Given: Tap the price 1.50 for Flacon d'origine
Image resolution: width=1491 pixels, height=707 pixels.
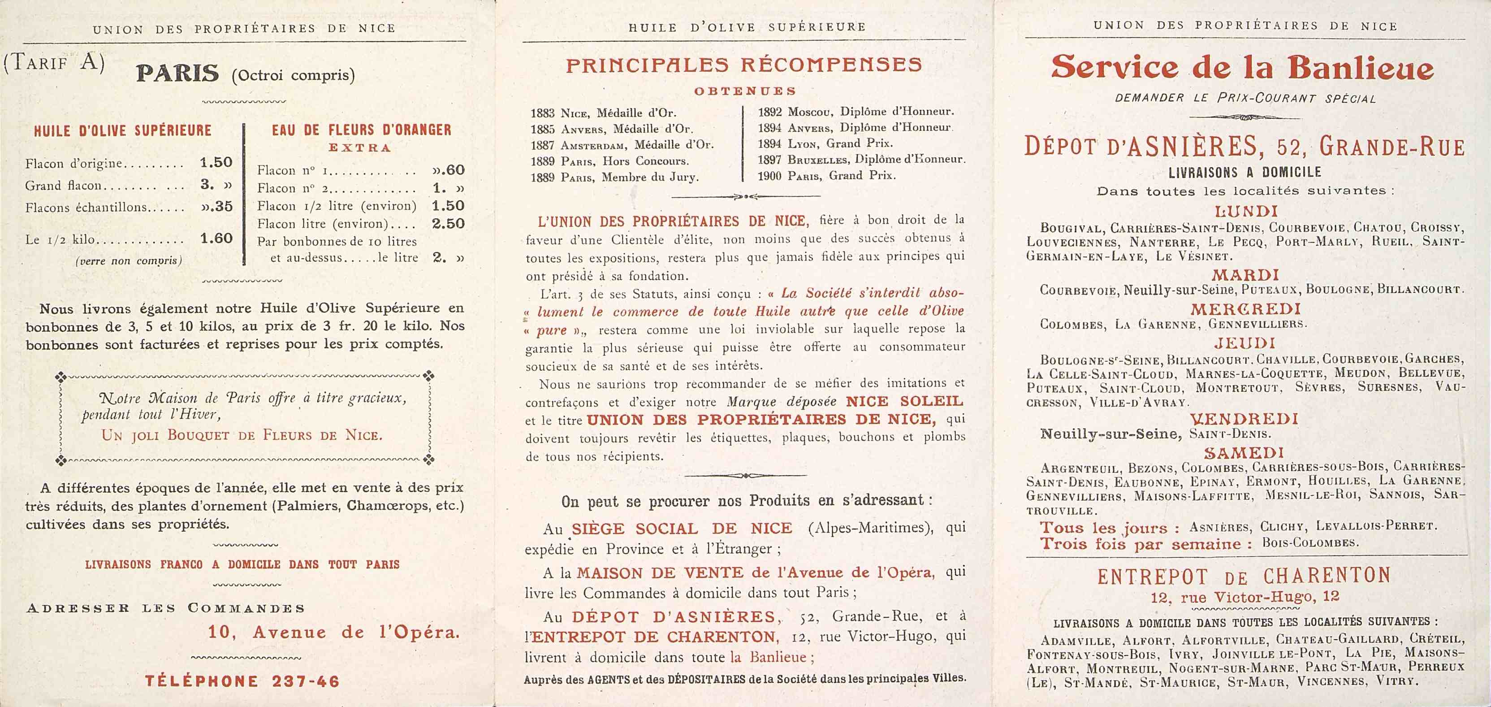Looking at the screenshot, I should point(216,163).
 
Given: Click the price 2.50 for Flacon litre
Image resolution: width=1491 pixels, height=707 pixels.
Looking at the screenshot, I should point(448,224).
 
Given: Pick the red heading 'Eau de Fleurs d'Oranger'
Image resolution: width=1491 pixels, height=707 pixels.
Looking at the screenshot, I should point(361,130).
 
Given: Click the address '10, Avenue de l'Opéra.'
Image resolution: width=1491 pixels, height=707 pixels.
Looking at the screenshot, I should point(334,632).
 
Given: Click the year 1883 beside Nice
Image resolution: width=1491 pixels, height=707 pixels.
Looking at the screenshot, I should point(542,113).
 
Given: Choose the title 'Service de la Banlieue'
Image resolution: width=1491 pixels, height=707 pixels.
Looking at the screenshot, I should point(1243,68).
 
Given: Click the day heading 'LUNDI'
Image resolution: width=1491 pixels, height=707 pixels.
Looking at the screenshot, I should point(1245,211).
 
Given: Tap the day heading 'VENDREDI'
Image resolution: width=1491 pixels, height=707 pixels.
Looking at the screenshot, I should point(1244,418).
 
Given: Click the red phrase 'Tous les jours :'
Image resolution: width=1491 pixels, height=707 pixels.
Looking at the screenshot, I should point(1110,528).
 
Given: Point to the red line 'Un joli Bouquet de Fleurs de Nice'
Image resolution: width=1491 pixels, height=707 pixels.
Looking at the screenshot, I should point(242,435).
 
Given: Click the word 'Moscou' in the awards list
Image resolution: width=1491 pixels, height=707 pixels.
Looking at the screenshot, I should point(810,111).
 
